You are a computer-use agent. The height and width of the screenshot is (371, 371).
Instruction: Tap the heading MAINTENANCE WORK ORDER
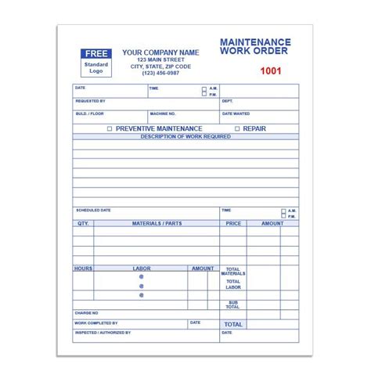pos(254,47)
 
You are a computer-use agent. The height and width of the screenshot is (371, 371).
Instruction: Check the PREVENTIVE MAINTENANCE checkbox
pos(110,128)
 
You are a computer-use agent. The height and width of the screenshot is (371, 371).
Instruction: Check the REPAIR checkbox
pos(237,128)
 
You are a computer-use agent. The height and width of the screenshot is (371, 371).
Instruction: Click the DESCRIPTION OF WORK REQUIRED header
pos(185,136)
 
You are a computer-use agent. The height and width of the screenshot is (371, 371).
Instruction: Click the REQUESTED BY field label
pos(90,101)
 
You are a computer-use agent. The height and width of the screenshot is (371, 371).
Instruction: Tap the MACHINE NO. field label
pos(162,113)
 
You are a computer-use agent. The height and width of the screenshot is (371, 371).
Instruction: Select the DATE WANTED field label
pos(236,113)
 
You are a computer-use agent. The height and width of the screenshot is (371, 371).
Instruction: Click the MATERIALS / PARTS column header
pos(157,223)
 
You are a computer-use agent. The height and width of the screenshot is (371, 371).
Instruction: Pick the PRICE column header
pos(233,223)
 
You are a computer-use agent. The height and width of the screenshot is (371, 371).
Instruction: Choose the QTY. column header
pos(83,223)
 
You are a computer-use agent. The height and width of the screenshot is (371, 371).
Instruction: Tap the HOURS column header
pos(83,268)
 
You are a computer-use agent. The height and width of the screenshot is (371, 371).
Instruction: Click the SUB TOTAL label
pos(233,304)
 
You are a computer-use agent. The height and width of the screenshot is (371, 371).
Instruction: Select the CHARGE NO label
pos(86,313)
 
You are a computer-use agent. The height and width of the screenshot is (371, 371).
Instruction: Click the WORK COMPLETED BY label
pos(96,322)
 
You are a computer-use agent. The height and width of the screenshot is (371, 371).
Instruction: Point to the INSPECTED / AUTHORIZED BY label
pos(102,333)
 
